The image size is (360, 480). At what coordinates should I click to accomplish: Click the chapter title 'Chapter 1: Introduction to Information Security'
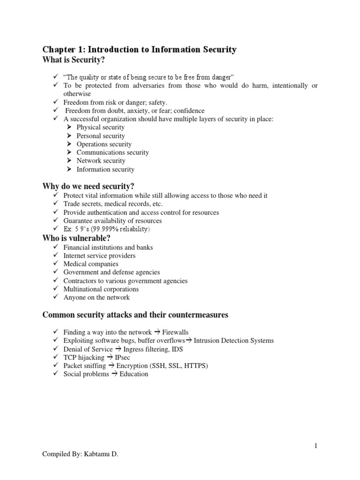[140, 49]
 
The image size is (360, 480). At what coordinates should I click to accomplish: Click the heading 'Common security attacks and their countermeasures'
[135, 315]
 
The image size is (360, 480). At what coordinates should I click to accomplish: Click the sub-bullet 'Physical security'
[100, 127]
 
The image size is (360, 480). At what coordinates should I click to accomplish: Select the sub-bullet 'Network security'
[101, 161]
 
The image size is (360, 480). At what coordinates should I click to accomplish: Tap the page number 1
[316, 446]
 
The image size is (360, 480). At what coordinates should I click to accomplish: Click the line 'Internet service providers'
[99, 255]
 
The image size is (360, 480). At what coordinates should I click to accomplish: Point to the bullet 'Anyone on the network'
[97, 298]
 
